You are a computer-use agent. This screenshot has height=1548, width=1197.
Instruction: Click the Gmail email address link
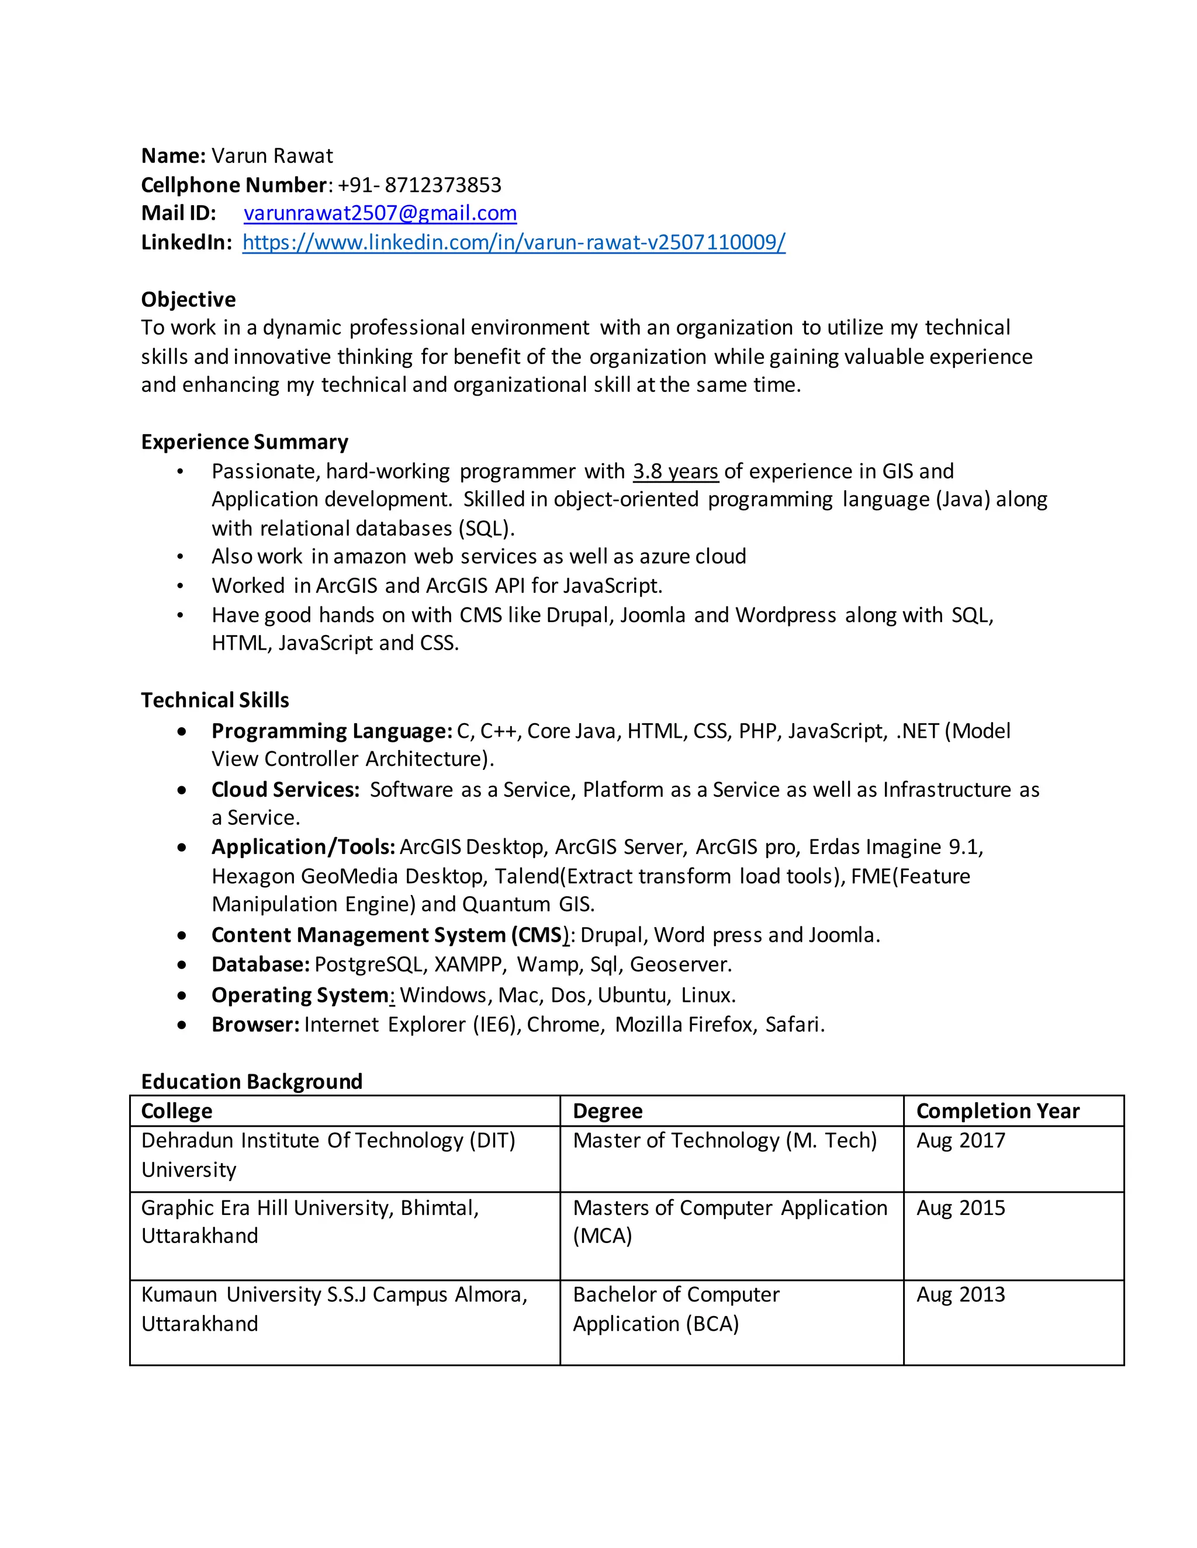click(379, 213)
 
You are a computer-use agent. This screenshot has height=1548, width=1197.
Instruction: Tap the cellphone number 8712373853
click(442, 185)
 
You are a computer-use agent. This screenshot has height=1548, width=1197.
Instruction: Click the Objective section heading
click(188, 299)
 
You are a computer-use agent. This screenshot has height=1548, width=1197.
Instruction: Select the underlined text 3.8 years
click(675, 471)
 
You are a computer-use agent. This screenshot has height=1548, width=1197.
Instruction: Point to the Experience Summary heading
click(245, 442)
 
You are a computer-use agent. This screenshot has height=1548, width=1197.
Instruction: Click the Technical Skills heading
click(215, 700)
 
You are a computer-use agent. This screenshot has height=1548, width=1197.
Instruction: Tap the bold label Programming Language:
click(331, 731)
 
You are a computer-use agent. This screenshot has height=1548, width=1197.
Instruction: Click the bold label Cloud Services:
click(285, 790)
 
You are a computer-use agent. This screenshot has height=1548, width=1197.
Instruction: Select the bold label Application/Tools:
click(303, 847)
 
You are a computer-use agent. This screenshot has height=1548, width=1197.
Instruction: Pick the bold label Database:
click(260, 964)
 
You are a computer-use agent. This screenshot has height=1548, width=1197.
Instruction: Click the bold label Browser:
click(255, 1025)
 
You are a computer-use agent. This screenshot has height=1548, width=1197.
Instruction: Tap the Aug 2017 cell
click(960, 1140)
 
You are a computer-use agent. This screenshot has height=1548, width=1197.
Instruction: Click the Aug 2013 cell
click(960, 1295)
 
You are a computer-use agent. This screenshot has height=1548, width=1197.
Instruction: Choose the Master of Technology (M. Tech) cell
click(724, 1140)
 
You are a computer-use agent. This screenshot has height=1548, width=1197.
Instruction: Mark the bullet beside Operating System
click(182, 995)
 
